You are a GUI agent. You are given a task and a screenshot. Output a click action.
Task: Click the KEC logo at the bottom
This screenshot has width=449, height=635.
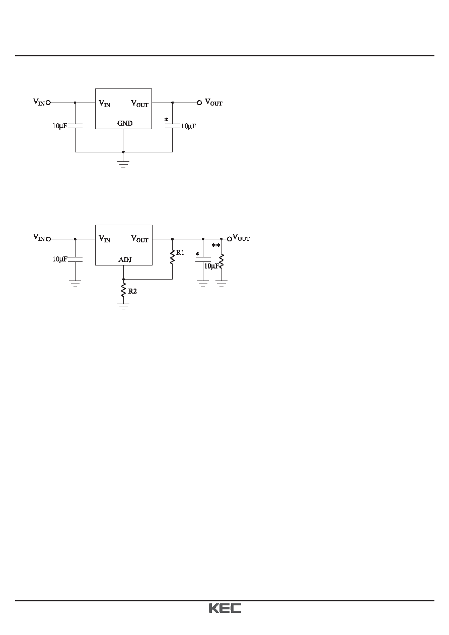225,608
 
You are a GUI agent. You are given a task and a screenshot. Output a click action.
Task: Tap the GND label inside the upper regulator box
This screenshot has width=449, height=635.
125,123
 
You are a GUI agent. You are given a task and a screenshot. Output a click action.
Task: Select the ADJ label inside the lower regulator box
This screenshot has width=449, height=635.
125,259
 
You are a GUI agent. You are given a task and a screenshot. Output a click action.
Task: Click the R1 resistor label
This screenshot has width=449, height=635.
180,252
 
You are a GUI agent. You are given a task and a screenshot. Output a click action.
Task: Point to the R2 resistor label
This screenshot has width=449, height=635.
132,291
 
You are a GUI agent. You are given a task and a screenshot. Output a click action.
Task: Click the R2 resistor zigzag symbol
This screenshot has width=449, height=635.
123,290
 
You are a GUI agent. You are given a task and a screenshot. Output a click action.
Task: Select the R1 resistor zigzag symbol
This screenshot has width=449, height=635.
172,256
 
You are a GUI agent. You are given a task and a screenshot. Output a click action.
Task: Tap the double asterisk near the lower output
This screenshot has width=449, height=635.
216,245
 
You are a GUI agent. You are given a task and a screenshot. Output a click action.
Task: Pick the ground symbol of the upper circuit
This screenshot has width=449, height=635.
123,164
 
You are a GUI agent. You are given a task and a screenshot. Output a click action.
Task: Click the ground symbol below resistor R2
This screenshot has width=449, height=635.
123,307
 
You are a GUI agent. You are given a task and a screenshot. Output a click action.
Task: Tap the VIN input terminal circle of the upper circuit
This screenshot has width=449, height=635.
48,103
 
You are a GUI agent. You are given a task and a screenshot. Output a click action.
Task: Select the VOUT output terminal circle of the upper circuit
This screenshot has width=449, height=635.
199,103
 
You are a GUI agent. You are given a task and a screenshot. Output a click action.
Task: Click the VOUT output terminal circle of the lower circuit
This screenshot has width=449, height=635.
230,239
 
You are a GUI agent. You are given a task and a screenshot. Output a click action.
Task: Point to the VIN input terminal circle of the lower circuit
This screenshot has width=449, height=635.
48,239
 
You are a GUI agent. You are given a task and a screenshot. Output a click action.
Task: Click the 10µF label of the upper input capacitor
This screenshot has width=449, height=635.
59,126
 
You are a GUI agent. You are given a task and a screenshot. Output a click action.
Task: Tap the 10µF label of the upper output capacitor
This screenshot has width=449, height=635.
188,126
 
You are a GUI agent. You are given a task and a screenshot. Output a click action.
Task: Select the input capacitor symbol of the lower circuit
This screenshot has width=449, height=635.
75,259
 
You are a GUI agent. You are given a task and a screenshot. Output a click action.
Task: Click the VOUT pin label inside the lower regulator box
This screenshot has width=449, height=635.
139,239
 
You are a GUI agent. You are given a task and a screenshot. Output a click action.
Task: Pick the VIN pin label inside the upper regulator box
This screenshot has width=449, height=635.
104,103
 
